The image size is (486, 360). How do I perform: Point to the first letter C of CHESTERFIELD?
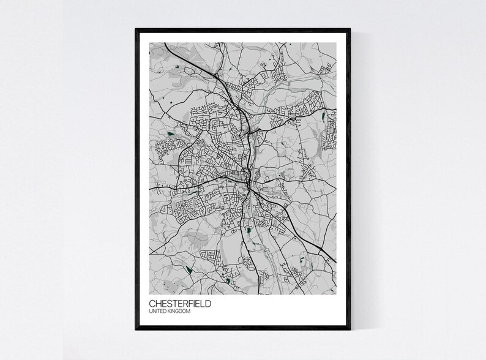[x=152, y=302]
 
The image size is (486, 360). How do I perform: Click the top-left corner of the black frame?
[x=136, y=29]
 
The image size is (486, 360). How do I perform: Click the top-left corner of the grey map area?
[x=149, y=42]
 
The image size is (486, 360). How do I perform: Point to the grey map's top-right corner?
[x=337, y=42]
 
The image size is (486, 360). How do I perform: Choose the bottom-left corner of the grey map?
[x=149, y=291]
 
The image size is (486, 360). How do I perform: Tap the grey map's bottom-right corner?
[x=337, y=291]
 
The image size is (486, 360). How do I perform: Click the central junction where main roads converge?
[x=248, y=181]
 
